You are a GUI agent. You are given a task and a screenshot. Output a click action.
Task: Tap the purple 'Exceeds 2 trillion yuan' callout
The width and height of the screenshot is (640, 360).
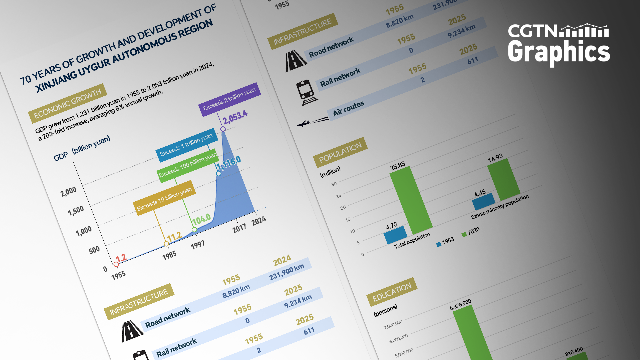click(x=229, y=99)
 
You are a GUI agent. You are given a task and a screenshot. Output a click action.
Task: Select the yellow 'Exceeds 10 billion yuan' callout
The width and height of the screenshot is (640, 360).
click(x=164, y=198)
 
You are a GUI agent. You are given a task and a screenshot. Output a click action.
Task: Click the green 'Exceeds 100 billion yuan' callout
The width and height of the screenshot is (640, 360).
click(x=188, y=165)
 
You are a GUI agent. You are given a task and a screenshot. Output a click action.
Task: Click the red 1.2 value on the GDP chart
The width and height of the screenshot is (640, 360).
click(x=121, y=258)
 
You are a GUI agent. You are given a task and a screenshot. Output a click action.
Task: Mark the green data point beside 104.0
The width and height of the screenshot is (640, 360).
click(x=194, y=230)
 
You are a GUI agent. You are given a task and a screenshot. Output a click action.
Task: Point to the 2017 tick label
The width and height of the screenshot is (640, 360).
click(x=239, y=228)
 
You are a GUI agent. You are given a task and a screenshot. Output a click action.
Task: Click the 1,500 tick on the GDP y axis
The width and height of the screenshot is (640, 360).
click(x=76, y=211)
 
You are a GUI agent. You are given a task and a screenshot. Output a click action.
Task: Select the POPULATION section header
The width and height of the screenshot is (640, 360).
click(x=340, y=152)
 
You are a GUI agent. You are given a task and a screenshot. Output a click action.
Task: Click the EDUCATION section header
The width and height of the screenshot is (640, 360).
click(x=392, y=292)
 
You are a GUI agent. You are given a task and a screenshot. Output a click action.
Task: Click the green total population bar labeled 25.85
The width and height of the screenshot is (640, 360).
click(x=411, y=200)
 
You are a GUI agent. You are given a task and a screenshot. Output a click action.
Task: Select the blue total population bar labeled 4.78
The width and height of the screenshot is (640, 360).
click(x=395, y=235)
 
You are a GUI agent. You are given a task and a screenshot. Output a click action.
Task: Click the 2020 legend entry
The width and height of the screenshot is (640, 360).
click(x=471, y=232)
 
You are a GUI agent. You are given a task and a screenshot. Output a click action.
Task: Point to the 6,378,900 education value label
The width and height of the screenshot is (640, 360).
click(x=461, y=304)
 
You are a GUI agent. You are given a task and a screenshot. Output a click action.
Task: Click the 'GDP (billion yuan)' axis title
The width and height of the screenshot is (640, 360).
click(x=82, y=148)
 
